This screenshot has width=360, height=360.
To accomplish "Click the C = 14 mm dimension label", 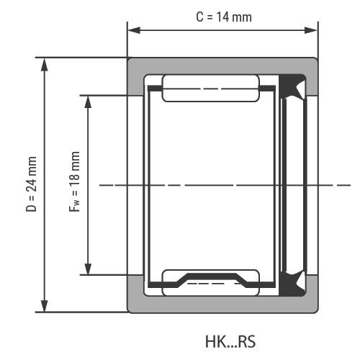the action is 224,17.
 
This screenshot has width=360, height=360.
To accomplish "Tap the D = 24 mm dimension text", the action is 32,184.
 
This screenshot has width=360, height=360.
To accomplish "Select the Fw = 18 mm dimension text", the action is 74,181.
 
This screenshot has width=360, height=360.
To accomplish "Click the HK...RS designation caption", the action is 230,341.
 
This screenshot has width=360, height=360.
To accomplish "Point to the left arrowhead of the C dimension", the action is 134,30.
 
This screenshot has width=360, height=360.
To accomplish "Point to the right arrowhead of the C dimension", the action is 311,30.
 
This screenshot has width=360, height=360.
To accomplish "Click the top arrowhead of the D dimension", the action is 44,65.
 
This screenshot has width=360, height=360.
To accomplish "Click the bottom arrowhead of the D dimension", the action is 44,305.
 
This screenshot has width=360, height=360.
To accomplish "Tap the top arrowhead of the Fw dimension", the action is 88,102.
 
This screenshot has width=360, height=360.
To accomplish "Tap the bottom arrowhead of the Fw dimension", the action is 88,268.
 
